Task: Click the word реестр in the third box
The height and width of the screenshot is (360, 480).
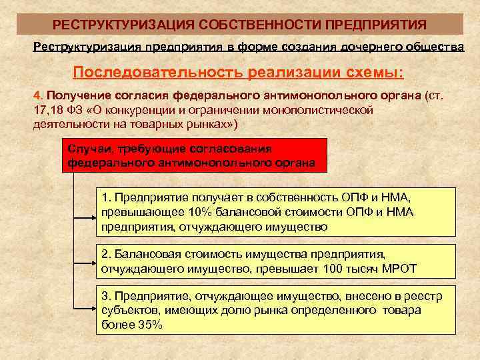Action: [x=425, y=295]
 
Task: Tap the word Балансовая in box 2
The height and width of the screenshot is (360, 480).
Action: [x=141, y=254]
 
